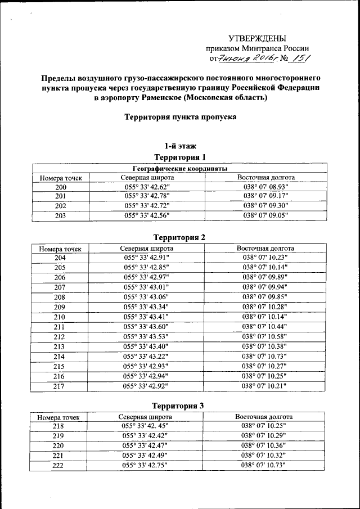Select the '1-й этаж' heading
click(180, 146)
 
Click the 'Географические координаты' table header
click(180, 168)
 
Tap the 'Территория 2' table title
click(180, 237)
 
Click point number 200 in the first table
click(61, 187)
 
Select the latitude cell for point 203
click(146, 215)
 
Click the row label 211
click(60, 327)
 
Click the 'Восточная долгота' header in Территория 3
click(264, 417)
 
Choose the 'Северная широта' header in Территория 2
click(147, 248)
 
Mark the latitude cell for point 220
click(146, 445)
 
